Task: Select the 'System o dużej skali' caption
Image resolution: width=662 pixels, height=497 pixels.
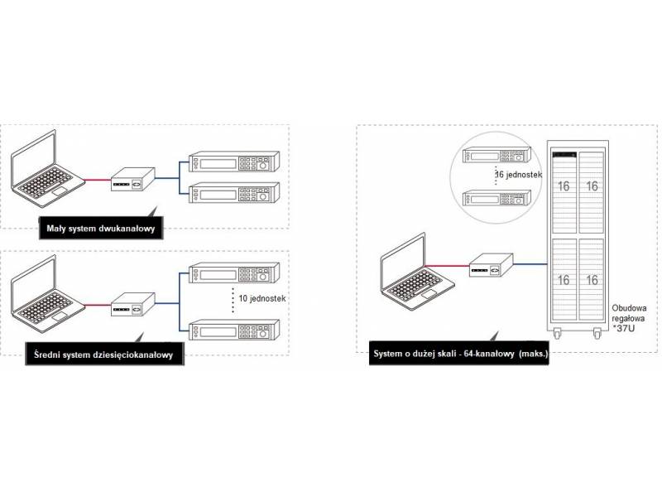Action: point(461,355)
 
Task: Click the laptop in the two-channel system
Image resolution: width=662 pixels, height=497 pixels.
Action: point(47,176)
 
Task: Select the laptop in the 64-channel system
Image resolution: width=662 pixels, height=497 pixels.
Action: point(415,276)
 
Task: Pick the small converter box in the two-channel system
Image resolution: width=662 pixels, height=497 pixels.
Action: point(132,179)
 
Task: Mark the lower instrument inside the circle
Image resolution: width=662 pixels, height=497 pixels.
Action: point(495,199)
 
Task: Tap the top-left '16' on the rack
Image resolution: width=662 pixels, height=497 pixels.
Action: point(564,186)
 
